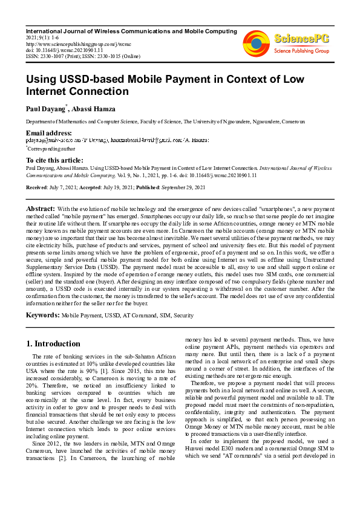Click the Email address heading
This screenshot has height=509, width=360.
[x=48, y=133]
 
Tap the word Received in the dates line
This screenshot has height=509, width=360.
[x=36, y=188]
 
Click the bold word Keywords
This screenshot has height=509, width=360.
[x=42, y=315]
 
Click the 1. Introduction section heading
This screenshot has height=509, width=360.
[x=53, y=344]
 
